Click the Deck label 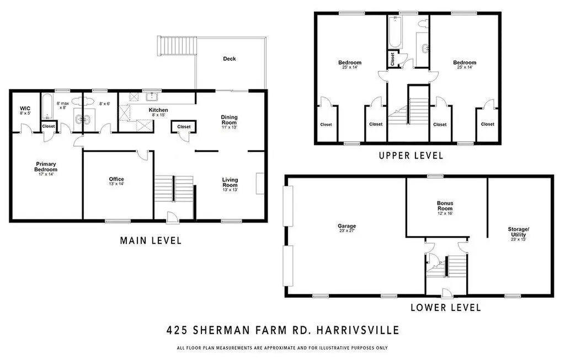pos(229,58)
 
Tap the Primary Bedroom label pos(46,166)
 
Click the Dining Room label pos(229,120)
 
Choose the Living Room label pos(230,182)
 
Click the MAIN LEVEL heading pos(151,240)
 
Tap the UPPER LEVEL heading pos(411,156)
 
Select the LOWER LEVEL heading pos(445,308)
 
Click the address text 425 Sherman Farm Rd pos(282,331)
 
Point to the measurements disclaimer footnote pos(282,348)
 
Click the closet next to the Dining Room pos(184,127)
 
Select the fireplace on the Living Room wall pos(260,183)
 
